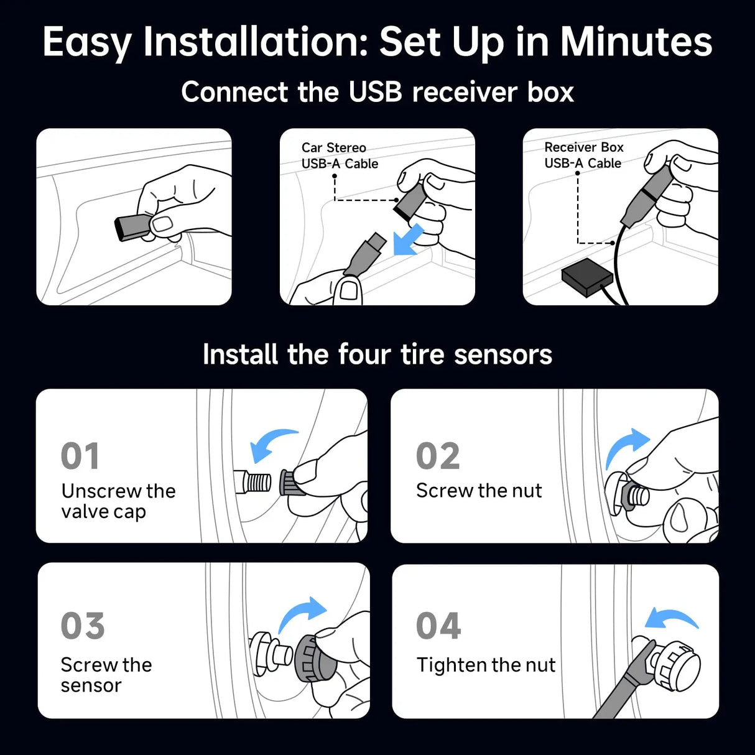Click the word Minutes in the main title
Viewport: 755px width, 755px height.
tap(636, 42)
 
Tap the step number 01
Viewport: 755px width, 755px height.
tap(80, 456)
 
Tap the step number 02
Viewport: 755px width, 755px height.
tap(438, 456)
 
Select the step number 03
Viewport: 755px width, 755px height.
tap(82, 626)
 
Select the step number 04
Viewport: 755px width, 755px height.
tap(438, 626)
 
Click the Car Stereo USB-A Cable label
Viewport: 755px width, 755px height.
tap(340, 155)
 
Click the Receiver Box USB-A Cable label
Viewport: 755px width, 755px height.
tap(583, 155)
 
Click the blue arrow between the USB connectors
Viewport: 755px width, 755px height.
tap(407, 241)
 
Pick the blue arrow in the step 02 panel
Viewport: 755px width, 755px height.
tap(626, 445)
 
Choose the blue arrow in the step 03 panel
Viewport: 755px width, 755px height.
tap(303, 613)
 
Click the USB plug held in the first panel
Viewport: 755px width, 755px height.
tap(132, 228)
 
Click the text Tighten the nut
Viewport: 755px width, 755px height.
tap(486, 665)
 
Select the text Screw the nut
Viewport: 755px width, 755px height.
tap(479, 491)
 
